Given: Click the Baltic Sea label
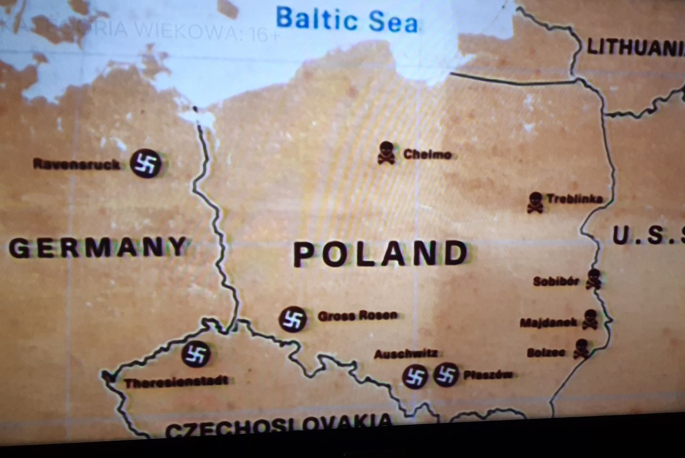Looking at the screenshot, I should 346,20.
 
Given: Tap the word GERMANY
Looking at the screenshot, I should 98,248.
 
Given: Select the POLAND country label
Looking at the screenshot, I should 380,254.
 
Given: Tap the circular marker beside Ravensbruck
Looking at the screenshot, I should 146,163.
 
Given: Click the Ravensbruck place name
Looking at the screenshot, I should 77,164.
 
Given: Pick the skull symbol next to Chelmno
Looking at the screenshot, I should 386,153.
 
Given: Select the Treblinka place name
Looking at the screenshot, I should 574,199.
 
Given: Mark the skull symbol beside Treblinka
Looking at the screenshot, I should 535,202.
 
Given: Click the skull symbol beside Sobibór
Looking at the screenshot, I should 593,279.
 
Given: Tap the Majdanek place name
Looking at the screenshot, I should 549,322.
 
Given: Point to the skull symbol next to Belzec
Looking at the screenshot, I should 581,349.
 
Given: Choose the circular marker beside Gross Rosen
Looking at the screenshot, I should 293,319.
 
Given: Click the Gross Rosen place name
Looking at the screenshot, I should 357,316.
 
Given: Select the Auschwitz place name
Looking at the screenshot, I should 406,354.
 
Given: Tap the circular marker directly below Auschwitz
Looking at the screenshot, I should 415,377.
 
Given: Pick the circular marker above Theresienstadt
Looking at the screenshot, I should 196,354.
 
